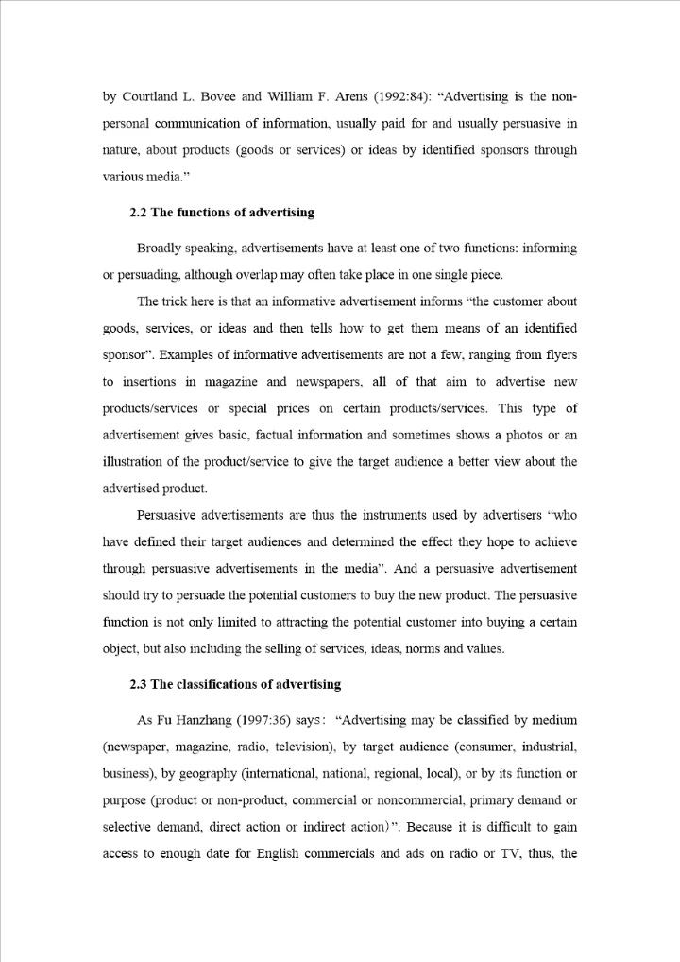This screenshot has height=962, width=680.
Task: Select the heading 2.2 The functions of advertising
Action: (222, 213)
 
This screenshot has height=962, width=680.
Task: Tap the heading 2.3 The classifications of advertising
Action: (235, 684)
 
